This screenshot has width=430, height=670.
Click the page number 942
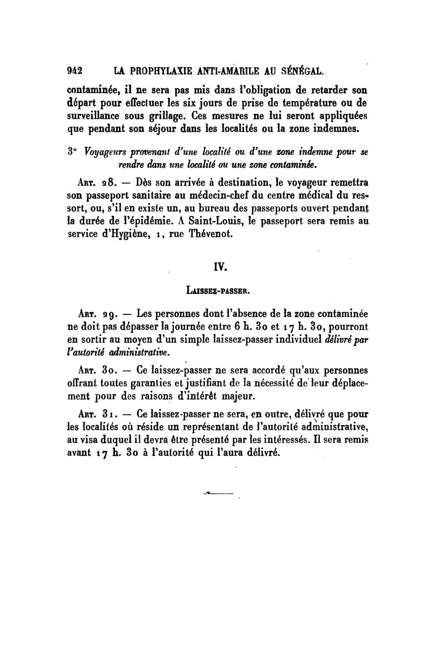(74, 70)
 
